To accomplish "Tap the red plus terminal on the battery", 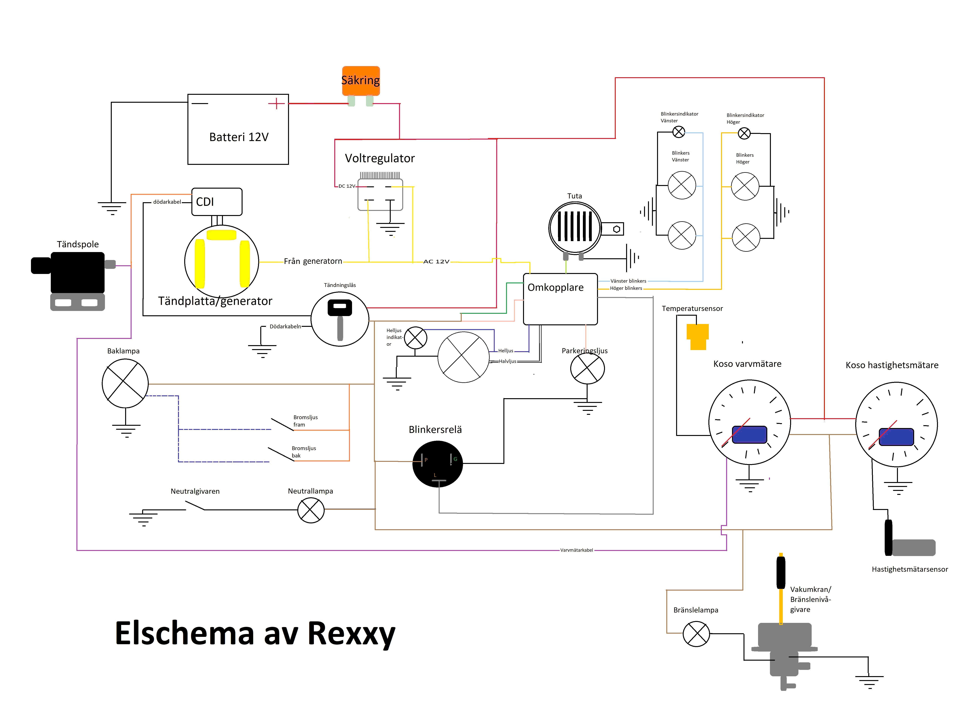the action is (x=276, y=103).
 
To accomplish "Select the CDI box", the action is (x=217, y=202).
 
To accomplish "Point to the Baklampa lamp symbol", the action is (x=125, y=383).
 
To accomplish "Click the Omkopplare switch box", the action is (x=560, y=299).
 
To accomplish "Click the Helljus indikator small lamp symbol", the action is (x=415, y=338).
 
